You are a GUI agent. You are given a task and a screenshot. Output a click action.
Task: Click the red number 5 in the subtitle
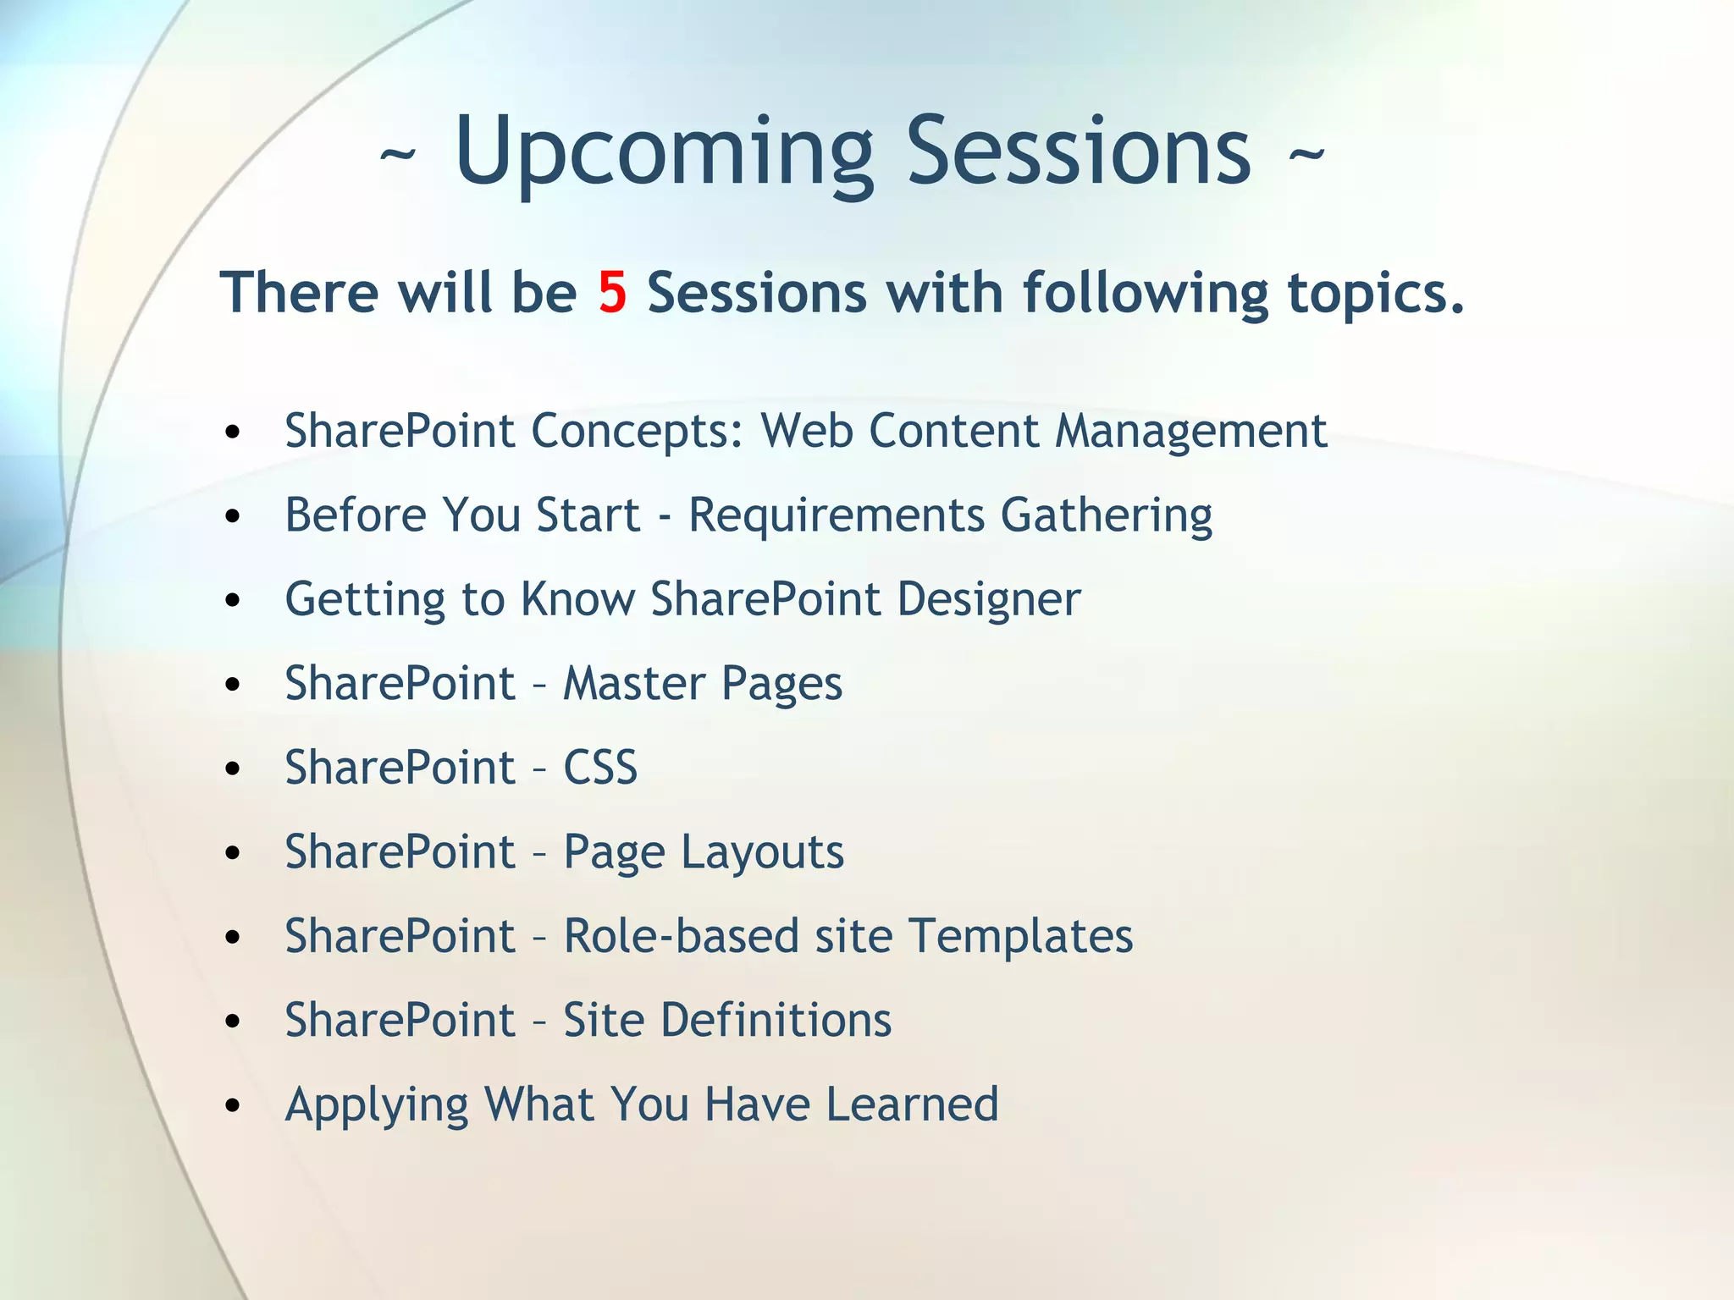coord(612,293)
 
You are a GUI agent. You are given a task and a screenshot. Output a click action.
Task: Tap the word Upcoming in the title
coord(663,152)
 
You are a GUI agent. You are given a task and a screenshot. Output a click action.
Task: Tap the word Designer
coord(988,599)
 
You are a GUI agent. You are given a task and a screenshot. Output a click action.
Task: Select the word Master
coord(634,683)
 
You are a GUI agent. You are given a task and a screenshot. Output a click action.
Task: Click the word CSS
coord(600,768)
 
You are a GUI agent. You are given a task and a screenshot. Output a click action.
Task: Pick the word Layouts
coord(762,852)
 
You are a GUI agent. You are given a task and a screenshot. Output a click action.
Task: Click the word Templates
coord(1020,936)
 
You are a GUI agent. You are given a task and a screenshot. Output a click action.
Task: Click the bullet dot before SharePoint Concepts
coord(234,433)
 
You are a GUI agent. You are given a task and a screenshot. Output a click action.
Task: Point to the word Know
coord(577,599)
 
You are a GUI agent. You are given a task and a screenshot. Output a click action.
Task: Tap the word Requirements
coord(837,515)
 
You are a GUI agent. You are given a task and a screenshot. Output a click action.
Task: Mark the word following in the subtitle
coord(1145,295)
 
